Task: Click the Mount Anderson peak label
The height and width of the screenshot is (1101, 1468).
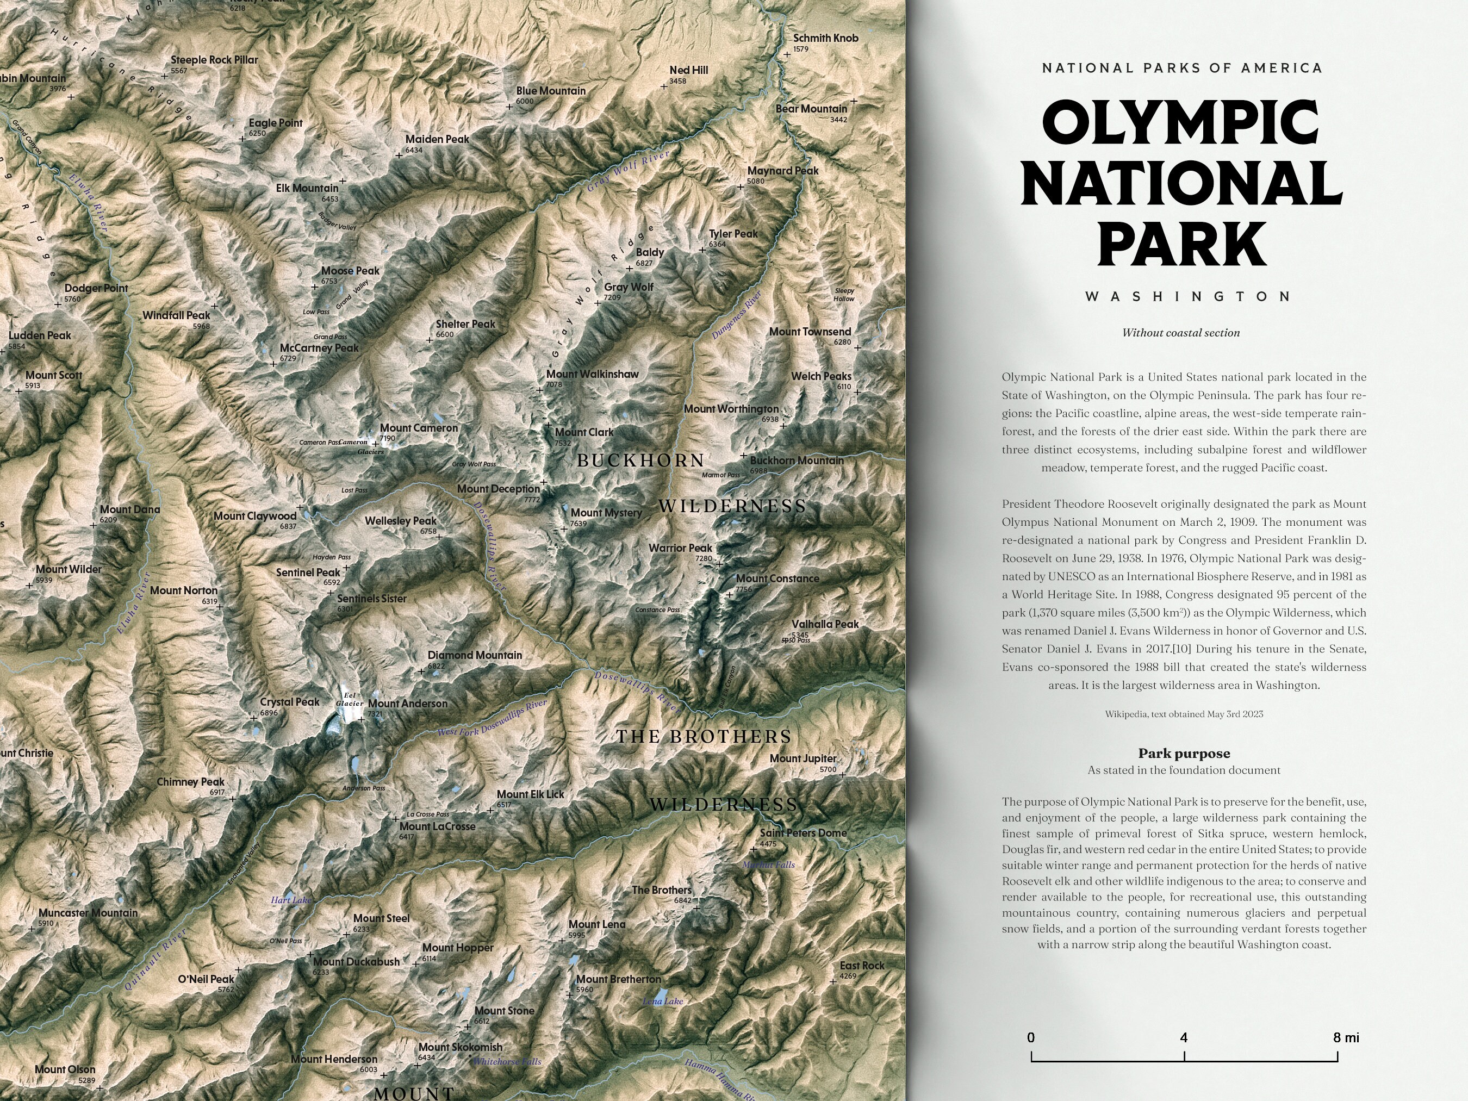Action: click(407, 704)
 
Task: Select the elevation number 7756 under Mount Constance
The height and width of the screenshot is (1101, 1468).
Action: click(743, 589)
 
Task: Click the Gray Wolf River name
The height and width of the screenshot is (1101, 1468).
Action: click(628, 171)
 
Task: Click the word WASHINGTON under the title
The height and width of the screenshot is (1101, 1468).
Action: click(1188, 297)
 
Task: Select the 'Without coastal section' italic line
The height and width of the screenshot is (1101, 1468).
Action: click(1180, 333)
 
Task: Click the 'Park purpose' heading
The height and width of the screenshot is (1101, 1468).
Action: click(1184, 753)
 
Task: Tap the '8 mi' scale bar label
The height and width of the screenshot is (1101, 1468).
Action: click(1345, 1037)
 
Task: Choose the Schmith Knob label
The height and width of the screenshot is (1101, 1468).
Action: click(825, 39)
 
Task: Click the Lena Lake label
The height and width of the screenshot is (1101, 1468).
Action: click(662, 1002)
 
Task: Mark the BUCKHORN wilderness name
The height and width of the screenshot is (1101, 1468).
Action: click(640, 461)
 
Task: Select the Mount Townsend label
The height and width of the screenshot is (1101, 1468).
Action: click(810, 332)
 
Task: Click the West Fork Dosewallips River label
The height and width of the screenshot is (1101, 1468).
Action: click(492, 718)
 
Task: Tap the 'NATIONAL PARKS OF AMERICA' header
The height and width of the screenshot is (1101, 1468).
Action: click(1182, 68)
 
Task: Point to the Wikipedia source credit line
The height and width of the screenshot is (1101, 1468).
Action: click(1184, 714)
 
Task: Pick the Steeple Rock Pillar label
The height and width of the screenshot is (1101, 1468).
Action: click(214, 60)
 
